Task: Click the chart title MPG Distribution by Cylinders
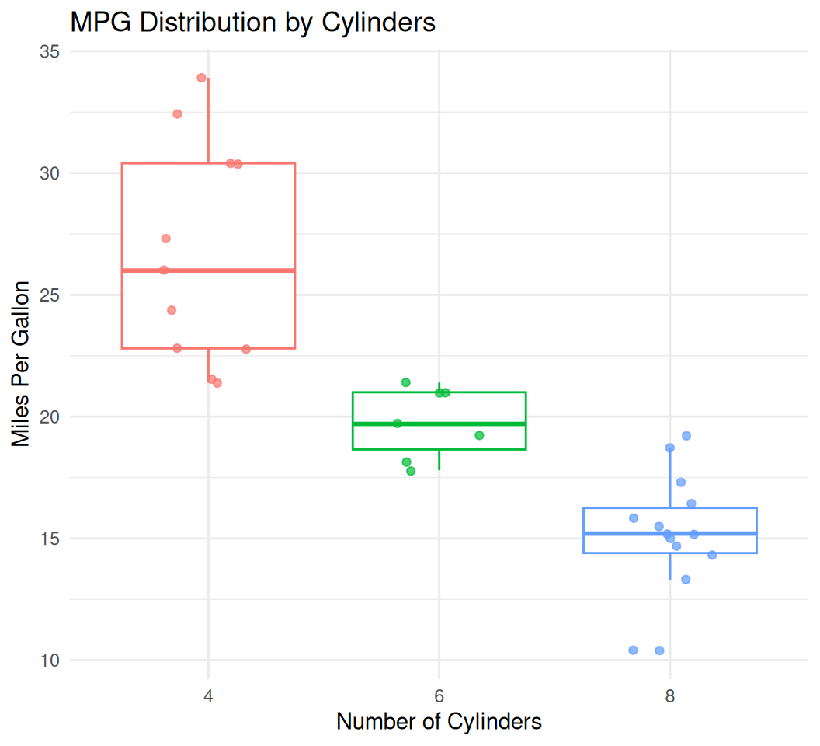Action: point(252,22)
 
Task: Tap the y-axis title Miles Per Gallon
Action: point(22,364)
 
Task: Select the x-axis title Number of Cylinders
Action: point(439,721)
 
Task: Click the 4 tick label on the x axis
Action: point(208,694)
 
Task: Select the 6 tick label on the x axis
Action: point(439,694)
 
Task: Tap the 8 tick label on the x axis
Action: point(669,694)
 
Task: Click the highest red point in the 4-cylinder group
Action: point(201,78)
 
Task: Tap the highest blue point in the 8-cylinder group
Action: point(686,436)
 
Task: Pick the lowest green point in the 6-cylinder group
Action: point(411,471)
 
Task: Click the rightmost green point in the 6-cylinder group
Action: point(479,435)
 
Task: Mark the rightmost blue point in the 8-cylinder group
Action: point(712,555)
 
